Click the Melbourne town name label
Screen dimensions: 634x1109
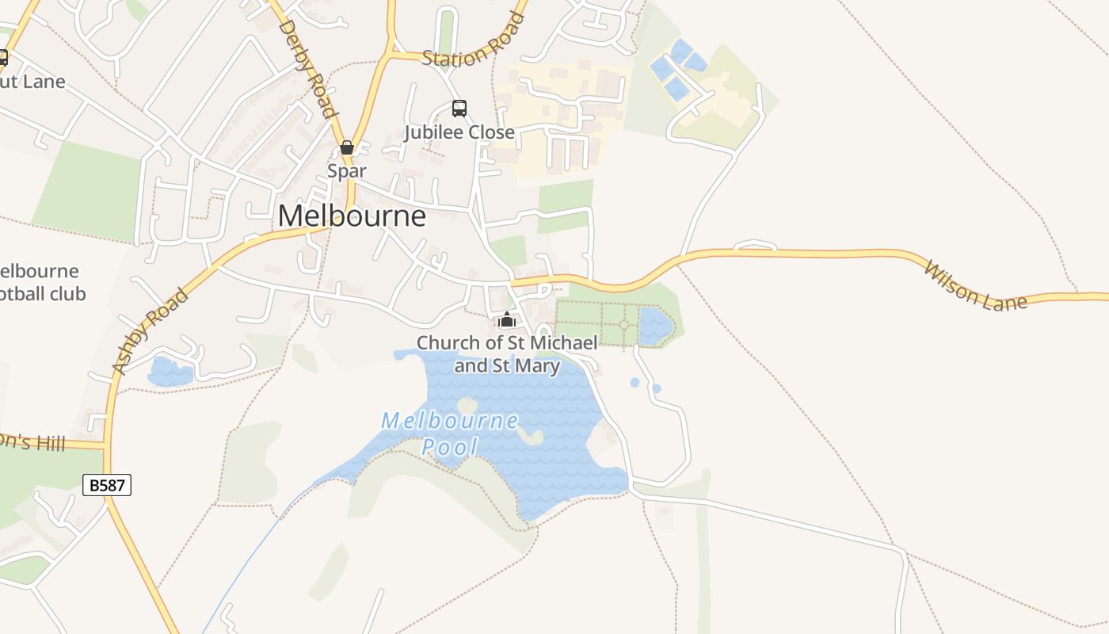point(352,216)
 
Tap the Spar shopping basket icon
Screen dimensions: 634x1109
point(346,147)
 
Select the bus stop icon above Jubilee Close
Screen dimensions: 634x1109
point(459,109)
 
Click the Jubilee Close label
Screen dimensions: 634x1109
point(459,132)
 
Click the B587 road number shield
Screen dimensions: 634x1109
point(107,485)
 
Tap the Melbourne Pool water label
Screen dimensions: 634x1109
point(450,433)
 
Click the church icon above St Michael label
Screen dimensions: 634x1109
point(507,319)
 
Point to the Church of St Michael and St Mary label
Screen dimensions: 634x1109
point(507,354)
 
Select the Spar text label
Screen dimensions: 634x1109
point(347,171)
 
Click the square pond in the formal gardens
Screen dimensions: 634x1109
point(655,326)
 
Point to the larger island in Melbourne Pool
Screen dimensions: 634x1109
point(529,435)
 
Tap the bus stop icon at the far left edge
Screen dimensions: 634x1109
point(2,58)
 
